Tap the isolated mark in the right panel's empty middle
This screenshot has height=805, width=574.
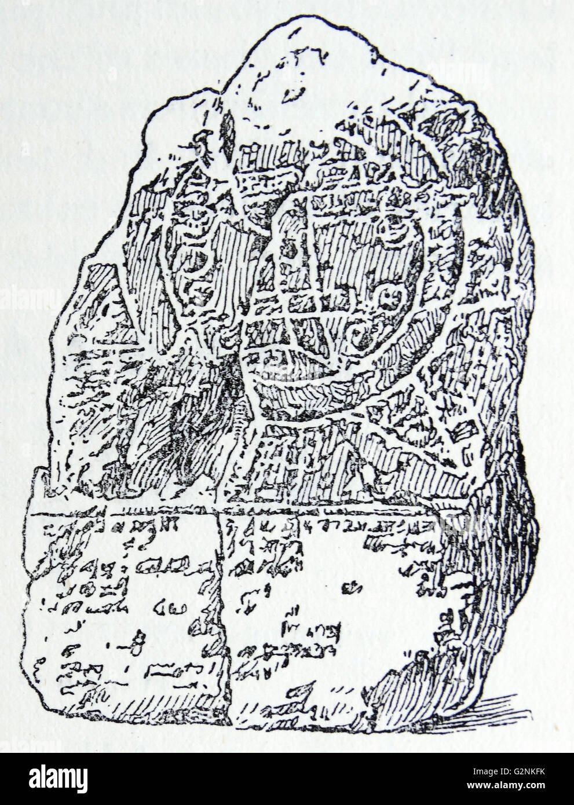[x=350, y=590]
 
